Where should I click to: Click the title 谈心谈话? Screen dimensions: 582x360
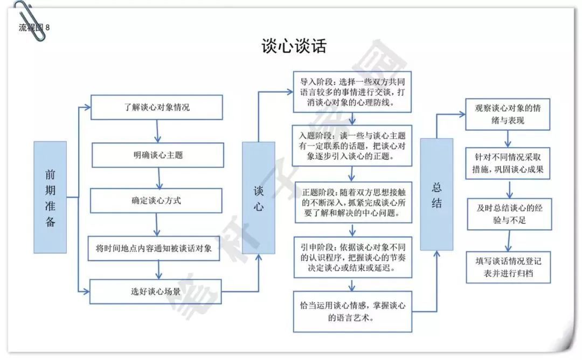[294, 46]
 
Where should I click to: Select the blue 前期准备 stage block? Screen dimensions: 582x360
[50, 197]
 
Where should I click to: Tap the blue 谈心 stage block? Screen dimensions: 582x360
[258, 198]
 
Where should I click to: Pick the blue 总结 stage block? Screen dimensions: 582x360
[436, 195]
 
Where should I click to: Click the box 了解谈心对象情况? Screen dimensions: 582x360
[157, 107]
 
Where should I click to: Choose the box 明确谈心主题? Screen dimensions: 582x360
[158, 155]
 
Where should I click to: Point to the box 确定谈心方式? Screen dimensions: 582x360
[156, 200]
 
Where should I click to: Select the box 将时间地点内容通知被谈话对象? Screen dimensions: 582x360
[154, 248]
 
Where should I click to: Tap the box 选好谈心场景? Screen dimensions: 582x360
[156, 292]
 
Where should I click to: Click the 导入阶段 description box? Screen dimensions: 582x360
[352, 92]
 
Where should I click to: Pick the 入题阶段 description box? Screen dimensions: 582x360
[352, 146]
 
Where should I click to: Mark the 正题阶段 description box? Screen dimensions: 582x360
[354, 202]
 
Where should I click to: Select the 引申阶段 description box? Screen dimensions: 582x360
[352, 257]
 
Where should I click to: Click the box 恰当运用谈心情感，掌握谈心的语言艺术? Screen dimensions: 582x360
[352, 311]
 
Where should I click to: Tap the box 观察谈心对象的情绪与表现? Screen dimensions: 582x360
[508, 114]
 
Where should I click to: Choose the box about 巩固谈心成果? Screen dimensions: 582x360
[508, 163]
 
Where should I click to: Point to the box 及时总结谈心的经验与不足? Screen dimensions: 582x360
[509, 214]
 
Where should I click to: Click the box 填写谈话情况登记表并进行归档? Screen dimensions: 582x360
[508, 267]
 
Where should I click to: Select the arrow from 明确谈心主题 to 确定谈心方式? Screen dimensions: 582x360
[159, 178]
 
